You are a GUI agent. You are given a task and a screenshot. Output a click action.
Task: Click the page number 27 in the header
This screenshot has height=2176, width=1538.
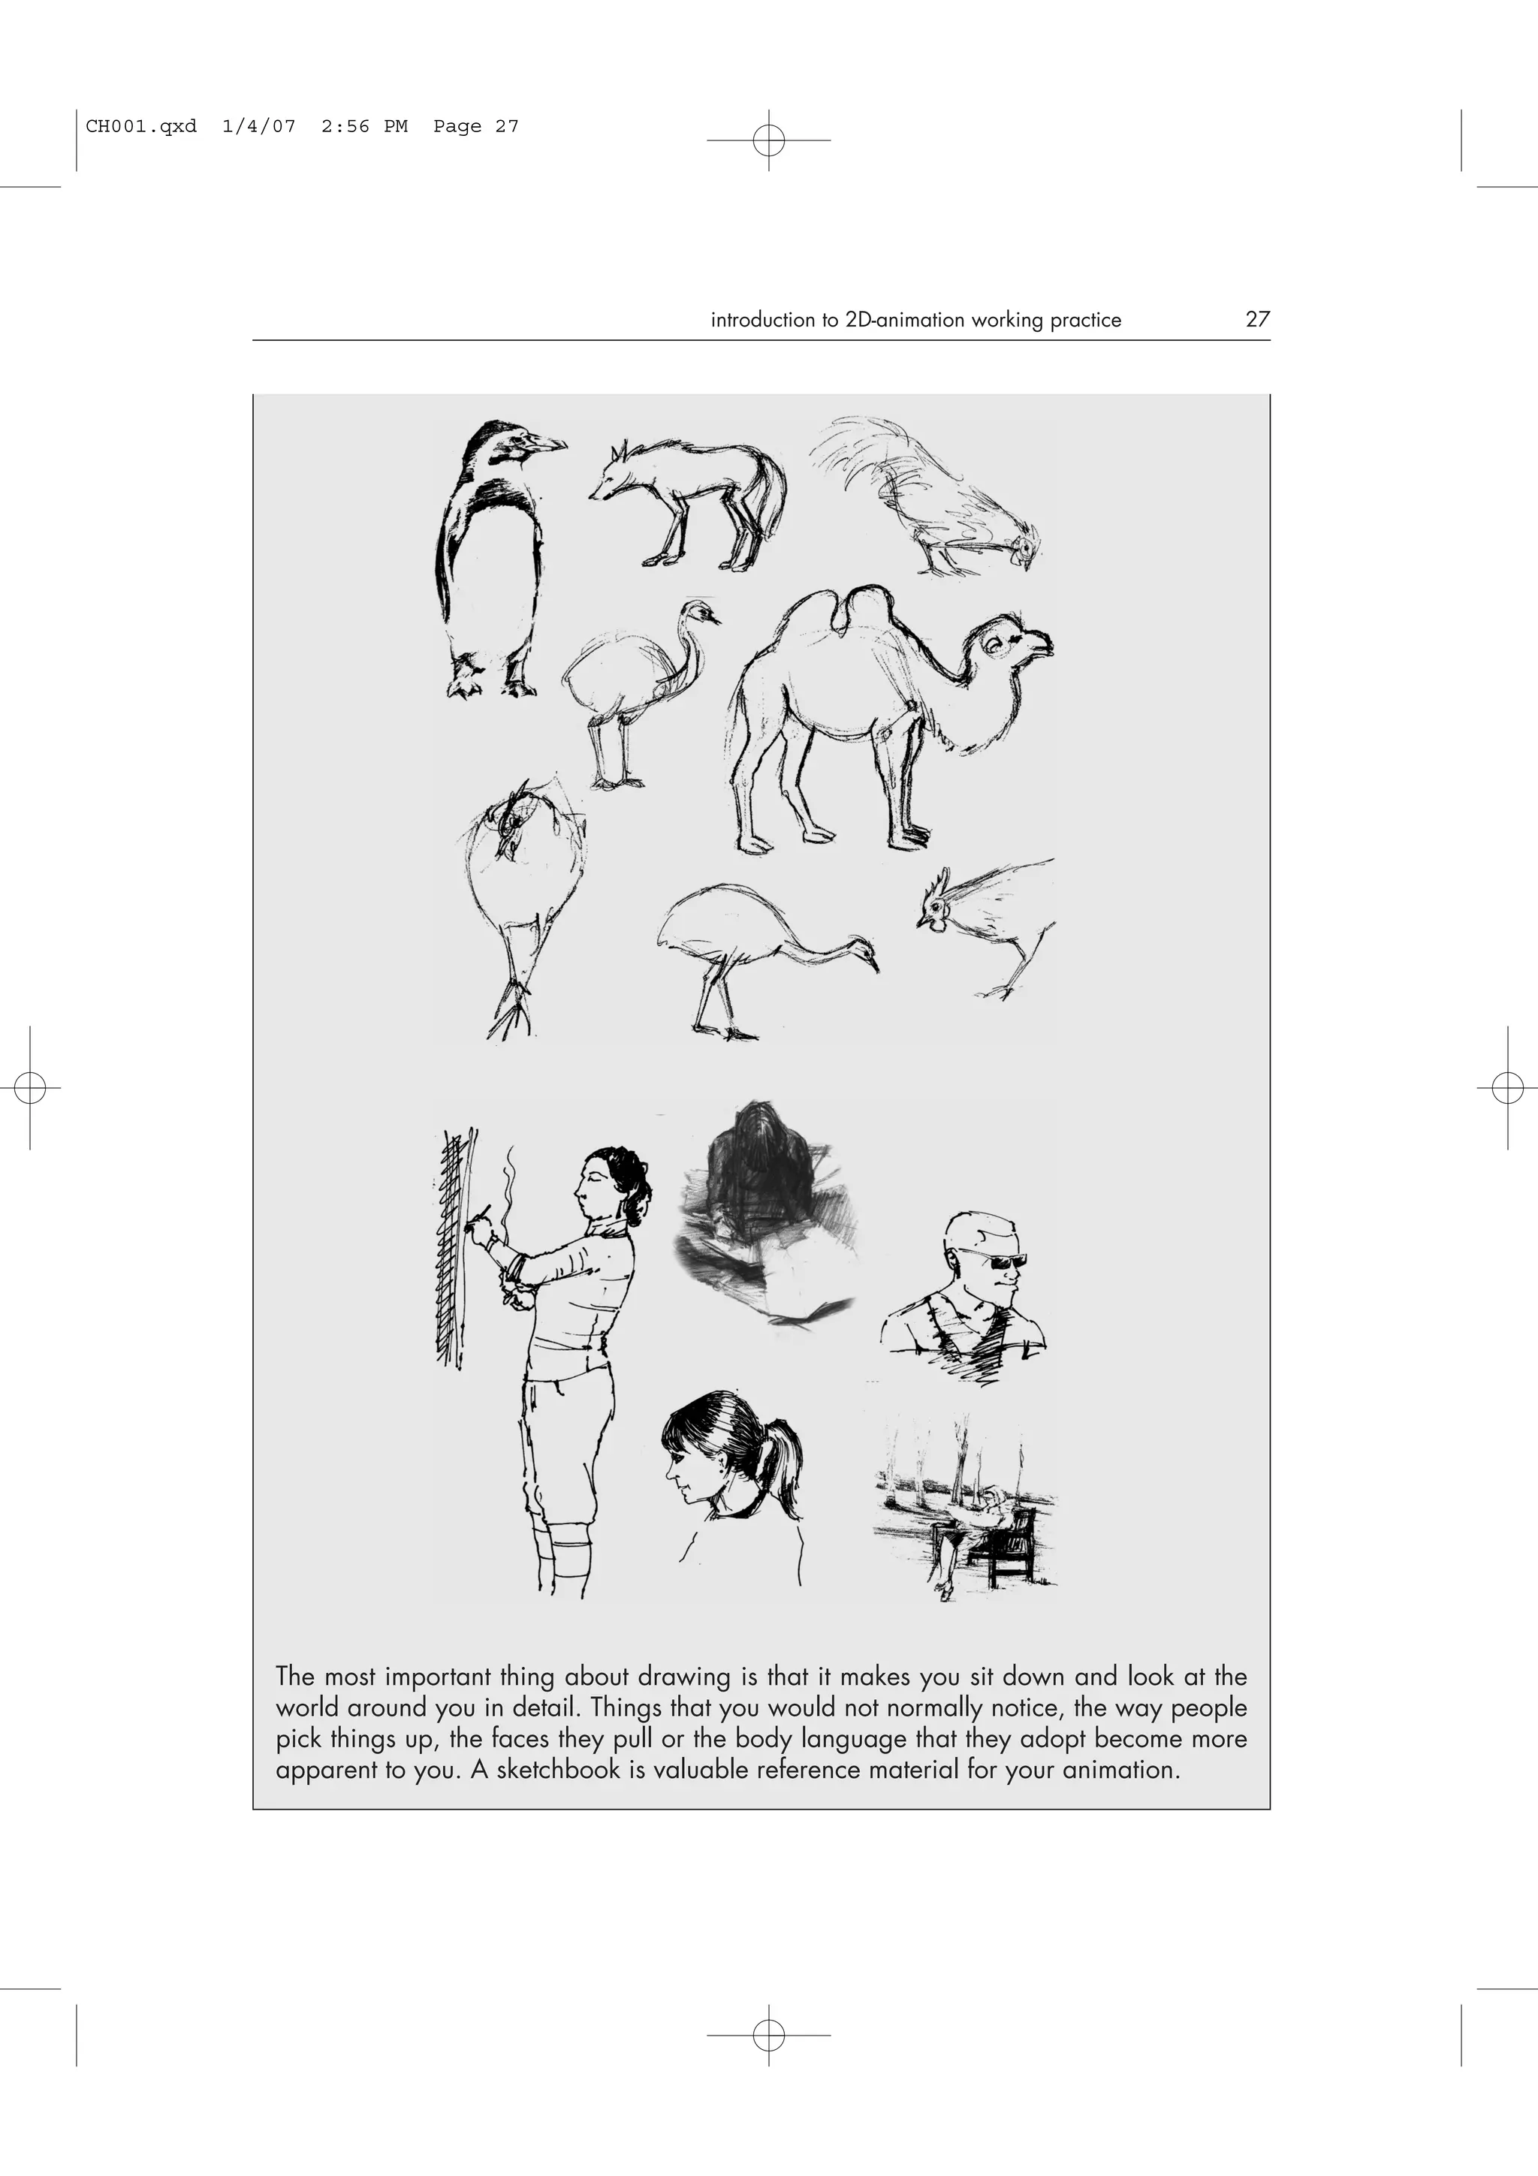point(1256,319)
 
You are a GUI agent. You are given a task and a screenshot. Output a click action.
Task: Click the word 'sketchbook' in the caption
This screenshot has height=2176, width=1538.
point(557,1770)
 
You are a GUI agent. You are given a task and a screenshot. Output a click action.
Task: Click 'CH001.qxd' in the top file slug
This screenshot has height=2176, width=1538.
point(141,126)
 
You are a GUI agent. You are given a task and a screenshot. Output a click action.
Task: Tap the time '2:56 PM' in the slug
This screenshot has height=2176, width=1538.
point(364,126)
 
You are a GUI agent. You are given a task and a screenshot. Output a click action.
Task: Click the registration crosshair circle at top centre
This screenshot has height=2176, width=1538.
point(768,140)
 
